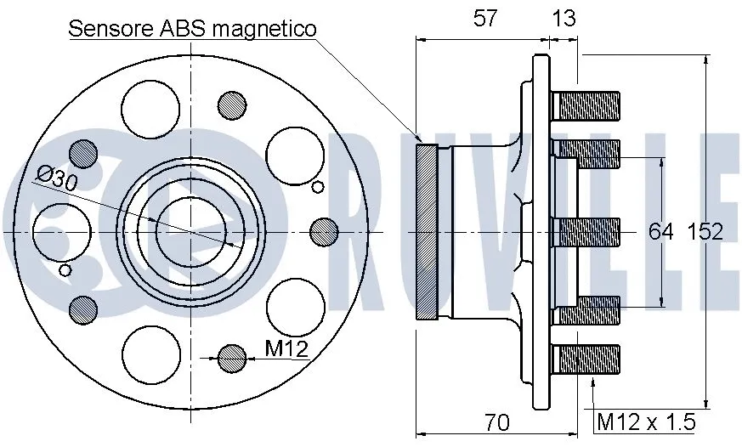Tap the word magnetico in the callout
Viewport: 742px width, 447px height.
point(263,29)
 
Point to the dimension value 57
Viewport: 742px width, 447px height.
point(485,19)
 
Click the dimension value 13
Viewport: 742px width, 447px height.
point(563,19)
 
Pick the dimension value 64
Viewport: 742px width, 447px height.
point(661,231)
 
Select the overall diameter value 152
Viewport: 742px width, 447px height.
point(705,231)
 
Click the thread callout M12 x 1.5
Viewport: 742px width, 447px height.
point(646,422)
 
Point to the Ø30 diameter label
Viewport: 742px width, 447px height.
point(58,178)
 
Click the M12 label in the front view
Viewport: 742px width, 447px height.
point(286,348)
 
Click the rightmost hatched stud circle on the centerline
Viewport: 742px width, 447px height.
point(324,231)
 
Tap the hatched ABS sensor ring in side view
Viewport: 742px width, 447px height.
point(426,231)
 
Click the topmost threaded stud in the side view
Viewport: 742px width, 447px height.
point(587,106)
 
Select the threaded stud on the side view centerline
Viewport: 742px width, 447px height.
point(587,231)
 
